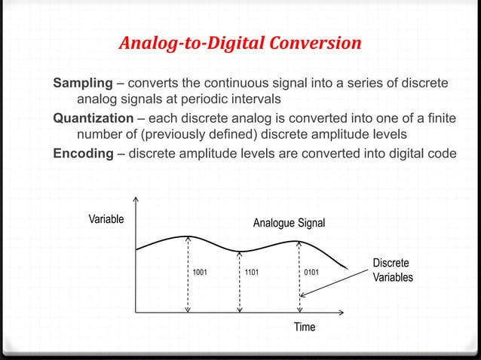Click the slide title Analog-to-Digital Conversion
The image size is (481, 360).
pyautogui.click(x=240, y=44)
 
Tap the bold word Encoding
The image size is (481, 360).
pyautogui.click(x=81, y=154)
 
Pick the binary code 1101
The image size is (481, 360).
pyautogui.click(x=251, y=271)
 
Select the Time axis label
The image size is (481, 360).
pyautogui.click(x=305, y=328)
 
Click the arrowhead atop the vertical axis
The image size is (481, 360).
pyautogui.click(x=135, y=200)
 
